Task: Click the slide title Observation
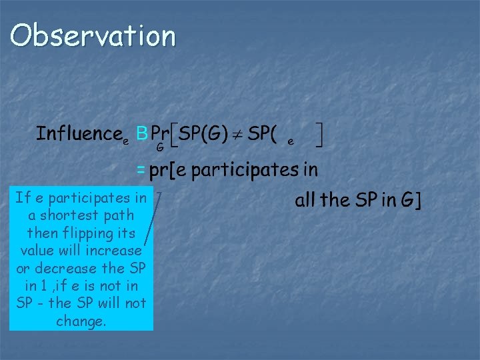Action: pyautogui.click(x=93, y=36)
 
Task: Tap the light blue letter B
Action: pyautogui.click(x=141, y=134)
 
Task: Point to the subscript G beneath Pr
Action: pyautogui.click(x=160, y=147)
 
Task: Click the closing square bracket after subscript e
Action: pyautogui.click(x=320, y=136)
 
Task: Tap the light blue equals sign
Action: pyautogui.click(x=141, y=171)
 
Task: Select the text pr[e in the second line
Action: pyautogui.click(x=169, y=171)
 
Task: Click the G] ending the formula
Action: pyautogui.click(x=410, y=201)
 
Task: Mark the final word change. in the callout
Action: pyautogui.click(x=81, y=321)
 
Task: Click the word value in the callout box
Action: pyautogui.click(x=37, y=251)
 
